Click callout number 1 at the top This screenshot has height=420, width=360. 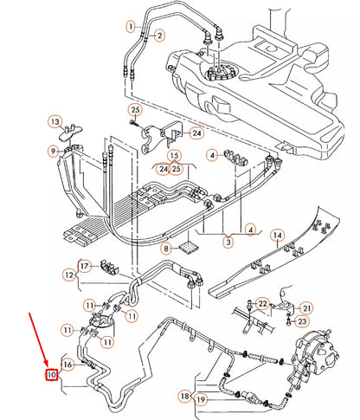point(131,27)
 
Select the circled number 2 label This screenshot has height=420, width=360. point(158,36)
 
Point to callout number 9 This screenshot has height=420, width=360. point(54,152)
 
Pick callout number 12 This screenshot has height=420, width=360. point(68,274)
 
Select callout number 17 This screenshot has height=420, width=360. point(84,265)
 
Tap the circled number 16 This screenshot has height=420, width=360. point(69,365)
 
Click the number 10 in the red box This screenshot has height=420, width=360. point(52,376)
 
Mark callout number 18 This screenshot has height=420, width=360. point(184,397)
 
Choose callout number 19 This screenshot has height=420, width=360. point(201,400)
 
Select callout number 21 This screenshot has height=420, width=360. point(307,308)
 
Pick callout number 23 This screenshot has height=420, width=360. point(302,322)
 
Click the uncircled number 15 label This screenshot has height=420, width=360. point(176,156)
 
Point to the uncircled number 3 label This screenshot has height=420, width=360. point(228,243)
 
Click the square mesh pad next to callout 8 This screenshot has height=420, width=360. point(186,247)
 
